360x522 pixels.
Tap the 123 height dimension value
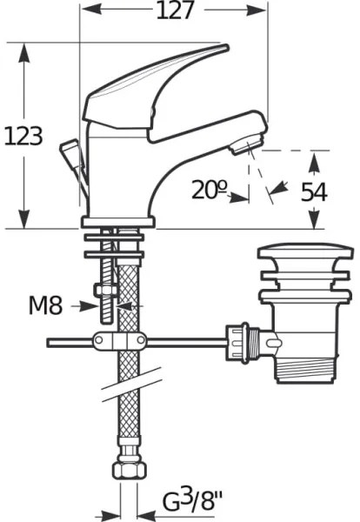tap(23, 136)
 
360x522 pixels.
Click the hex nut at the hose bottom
tap(127, 471)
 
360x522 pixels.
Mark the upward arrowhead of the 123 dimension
tap(23, 52)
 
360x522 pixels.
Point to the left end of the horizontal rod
tap(50, 342)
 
